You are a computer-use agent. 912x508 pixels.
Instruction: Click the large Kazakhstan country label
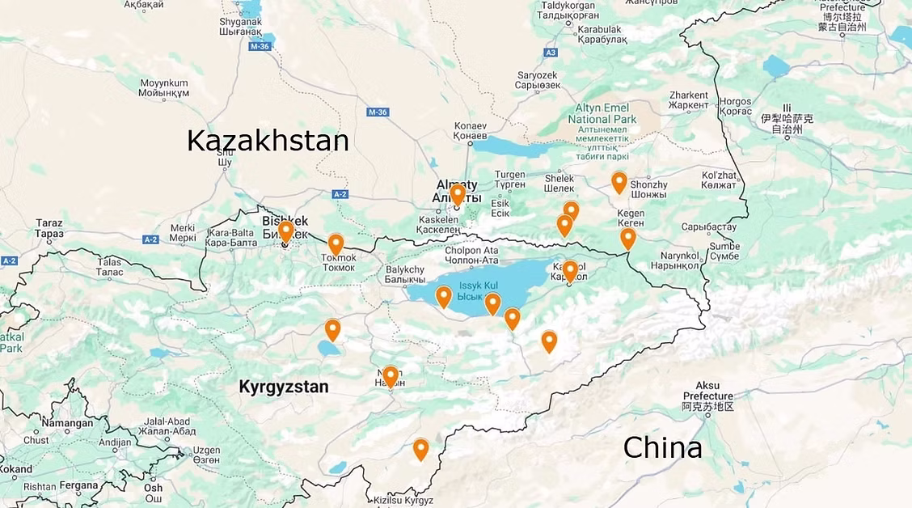[x=268, y=140]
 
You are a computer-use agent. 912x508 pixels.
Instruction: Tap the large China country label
[x=661, y=447]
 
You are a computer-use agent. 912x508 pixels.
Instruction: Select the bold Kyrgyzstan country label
[x=284, y=387]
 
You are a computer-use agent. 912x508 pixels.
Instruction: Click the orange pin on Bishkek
[x=285, y=231]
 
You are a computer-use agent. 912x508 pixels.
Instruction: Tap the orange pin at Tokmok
[x=336, y=243]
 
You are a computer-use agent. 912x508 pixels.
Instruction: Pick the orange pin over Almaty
[x=458, y=194]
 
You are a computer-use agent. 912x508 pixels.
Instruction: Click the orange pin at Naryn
[x=391, y=376]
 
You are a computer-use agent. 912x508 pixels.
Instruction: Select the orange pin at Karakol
[x=570, y=270]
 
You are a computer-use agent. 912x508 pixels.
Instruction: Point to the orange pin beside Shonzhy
[x=619, y=182]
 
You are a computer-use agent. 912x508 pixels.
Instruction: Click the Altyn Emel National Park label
[x=602, y=114]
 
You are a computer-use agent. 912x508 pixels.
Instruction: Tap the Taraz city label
[x=49, y=228]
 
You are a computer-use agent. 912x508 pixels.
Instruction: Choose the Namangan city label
[x=67, y=423]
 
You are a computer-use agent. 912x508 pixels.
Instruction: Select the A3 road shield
[x=551, y=53]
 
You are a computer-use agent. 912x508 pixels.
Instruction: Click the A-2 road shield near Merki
[x=150, y=239]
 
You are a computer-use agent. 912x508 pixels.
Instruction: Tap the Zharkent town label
[x=689, y=100]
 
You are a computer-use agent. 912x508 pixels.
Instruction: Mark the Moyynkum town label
[x=163, y=88]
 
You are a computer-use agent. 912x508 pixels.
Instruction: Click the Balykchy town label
[x=405, y=274]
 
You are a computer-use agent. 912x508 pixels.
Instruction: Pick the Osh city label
[x=153, y=488]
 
